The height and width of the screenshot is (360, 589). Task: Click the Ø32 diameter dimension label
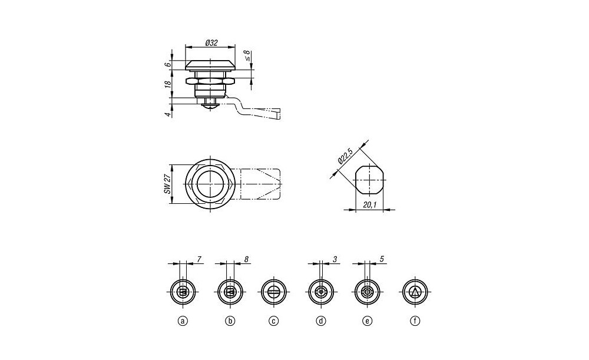tap(211, 42)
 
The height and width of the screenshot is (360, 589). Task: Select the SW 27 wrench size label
tap(167, 184)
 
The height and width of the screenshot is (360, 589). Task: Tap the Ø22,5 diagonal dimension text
tap(344, 156)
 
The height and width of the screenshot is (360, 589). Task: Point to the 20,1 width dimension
tap(369, 205)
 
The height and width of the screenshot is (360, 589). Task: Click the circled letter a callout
tap(183, 321)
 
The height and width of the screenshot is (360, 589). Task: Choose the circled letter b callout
tap(230, 321)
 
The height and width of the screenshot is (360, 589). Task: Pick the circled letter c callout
tap(274, 321)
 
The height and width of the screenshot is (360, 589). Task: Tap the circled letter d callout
tap(321, 321)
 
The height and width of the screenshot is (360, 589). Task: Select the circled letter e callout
tap(368, 321)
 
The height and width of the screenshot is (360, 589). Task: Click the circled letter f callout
tap(415, 321)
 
